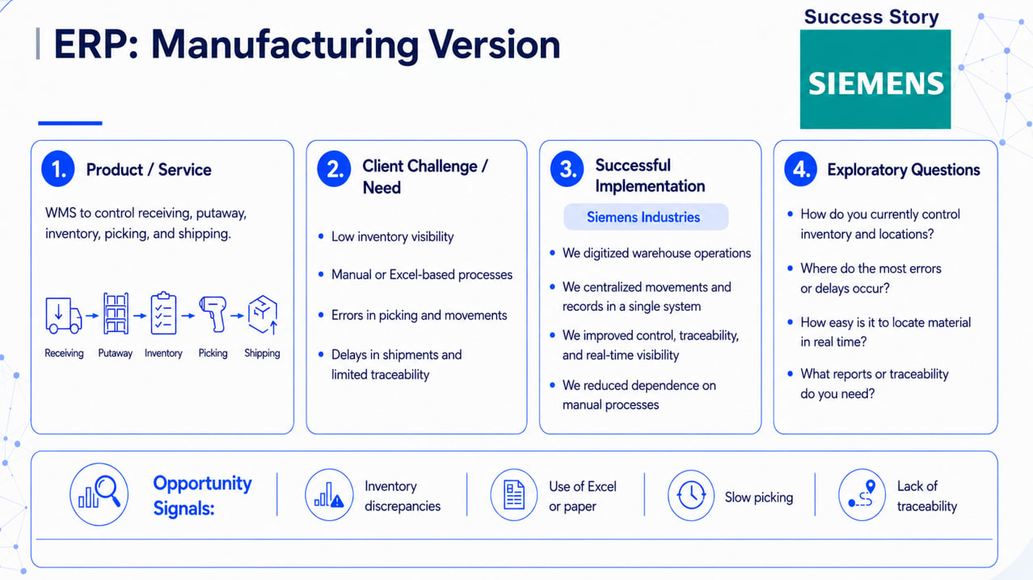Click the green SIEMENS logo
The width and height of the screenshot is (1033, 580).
[x=875, y=79]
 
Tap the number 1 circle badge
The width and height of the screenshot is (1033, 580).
[x=58, y=169]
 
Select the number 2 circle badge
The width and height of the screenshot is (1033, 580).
[x=334, y=169]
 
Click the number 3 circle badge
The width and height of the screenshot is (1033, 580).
[x=567, y=169]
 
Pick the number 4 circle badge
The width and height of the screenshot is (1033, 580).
[x=800, y=169]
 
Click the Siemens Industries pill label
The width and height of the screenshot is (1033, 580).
[x=646, y=217]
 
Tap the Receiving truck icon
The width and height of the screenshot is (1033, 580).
[x=64, y=315]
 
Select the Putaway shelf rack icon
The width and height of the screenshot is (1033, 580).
[x=116, y=313]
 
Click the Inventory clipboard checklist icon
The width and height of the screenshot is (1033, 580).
[x=164, y=313]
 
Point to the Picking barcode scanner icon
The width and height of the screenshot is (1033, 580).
[x=213, y=314]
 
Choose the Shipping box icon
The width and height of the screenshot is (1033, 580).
[x=263, y=314]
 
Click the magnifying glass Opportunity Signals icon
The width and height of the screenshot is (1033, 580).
[x=99, y=494]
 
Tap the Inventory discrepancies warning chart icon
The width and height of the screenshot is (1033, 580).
[x=329, y=495]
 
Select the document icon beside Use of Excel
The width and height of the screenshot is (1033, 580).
[x=514, y=495]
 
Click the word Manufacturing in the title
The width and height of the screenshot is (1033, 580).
[x=285, y=45]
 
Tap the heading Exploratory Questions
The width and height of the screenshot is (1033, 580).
[x=904, y=170]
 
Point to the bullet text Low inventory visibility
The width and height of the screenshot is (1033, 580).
[x=393, y=237]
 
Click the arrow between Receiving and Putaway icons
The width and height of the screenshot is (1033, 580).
[x=92, y=315]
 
